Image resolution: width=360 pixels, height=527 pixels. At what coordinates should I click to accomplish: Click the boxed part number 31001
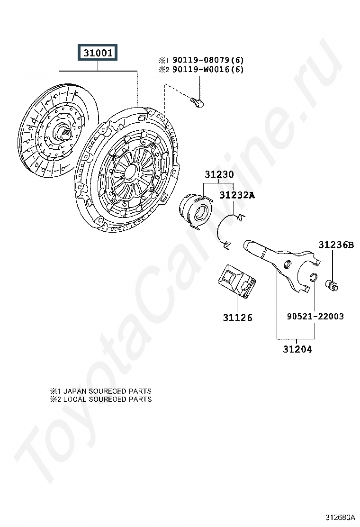(99, 53)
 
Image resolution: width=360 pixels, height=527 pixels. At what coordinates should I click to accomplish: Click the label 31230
(219, 174)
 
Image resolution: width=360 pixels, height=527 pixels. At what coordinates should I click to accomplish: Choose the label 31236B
(336, 245)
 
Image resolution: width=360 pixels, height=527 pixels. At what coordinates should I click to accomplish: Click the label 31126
(238, 318)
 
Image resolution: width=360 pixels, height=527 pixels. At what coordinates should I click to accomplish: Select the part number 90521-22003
(315, 316)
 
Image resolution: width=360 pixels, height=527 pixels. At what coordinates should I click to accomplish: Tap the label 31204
(297, 350)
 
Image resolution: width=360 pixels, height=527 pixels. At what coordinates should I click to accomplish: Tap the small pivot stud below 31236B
(332, 284)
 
